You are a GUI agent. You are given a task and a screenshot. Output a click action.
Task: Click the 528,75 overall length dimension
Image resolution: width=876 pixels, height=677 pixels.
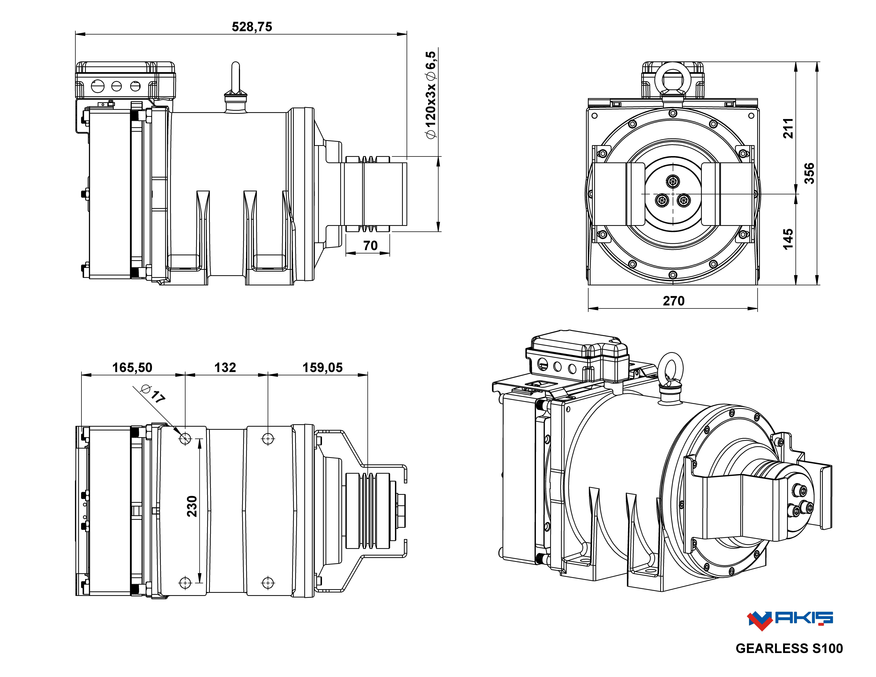252,27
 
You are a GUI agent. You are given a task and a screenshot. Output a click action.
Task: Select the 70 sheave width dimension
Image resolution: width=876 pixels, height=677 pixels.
370,245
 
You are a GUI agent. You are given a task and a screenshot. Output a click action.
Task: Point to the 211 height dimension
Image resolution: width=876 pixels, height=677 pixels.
788,128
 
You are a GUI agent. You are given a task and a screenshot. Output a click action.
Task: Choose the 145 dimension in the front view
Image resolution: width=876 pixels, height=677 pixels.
788,239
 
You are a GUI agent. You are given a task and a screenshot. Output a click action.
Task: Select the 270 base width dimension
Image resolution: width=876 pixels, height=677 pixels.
673,301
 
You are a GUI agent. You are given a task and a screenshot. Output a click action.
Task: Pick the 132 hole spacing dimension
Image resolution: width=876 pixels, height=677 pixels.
225,367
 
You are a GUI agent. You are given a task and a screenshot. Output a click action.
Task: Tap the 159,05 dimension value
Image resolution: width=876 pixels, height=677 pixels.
323,367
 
